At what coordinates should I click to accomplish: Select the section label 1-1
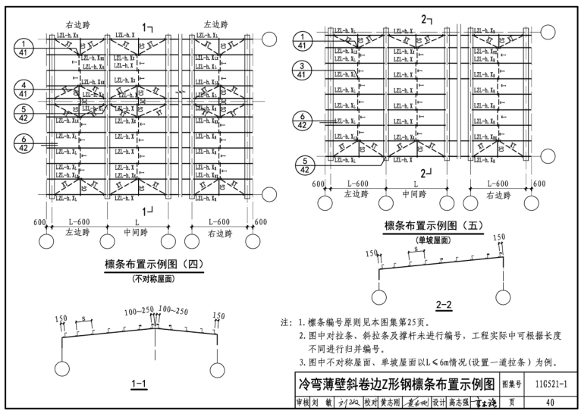pyautogui.click(x=139, y=384)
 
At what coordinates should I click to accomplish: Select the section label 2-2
pyautogui.click(x=444, y=305)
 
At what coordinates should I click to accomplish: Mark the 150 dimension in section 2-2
pyautogui.click(x=498, y=238)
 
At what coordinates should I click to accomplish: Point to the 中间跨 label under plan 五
pyautogui.click(x=416, y=195)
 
